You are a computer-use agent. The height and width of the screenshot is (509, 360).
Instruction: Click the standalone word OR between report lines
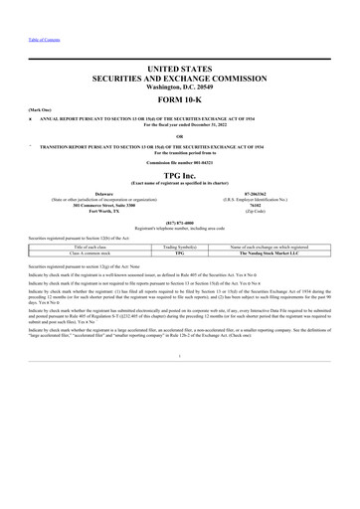pyautogui.click(x=180, y=135)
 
